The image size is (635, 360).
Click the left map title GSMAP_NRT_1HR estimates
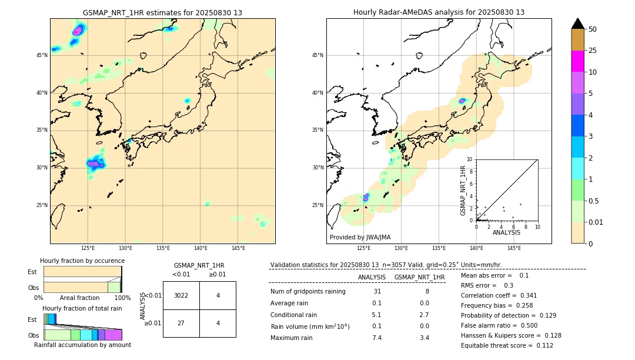pyautogui.click(x=162, y=12)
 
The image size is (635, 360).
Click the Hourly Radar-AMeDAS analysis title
pyautogui.click(x=439, y=12)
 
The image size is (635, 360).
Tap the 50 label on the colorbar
pyautogui.click(x=593, y=29)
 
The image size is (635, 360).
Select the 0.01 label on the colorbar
pyautogui.click(x=596, y=222)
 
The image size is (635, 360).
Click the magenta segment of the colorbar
pyautogui.click(x=577, y=61)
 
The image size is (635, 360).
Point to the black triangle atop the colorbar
pyautogui.click(x=577, y=24)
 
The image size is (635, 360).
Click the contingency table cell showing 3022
pyautogui.click(x=181, y=295)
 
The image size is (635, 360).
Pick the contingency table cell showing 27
pyautogui.click(x=181, y=324)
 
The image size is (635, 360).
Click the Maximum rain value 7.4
pyautogui.click(x=376, y=338)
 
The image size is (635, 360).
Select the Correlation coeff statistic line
pyautogui.click(x=499, y=295)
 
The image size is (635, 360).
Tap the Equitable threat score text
pyautogui.click(x=507, y=345)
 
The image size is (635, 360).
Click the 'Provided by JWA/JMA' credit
pyautogui.click(x=360, y=237)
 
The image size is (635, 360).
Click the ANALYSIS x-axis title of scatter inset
pyautogui.click(x=506, y=232)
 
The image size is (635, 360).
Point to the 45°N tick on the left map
pyautogui.click(x=42, y=55)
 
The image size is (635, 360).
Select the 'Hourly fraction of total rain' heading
pyautogui.click(x=82, y=308)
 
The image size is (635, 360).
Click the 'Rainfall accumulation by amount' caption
pyautogui.click(x=82, y=345)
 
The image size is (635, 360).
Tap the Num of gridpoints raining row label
pyautogui.click(x=308, y=291)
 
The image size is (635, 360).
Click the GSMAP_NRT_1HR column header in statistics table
pyautogui.click(x=419, y=277)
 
